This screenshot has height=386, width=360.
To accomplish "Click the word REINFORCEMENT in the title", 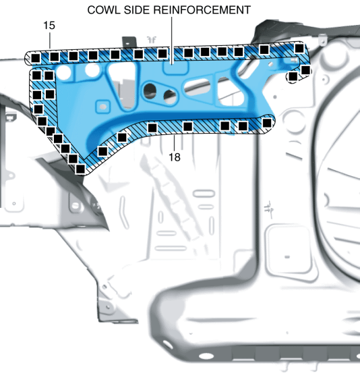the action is (202, 10).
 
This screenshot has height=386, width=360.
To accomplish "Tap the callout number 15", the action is (49, 26).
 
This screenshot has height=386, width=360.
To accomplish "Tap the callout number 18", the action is (175, 157).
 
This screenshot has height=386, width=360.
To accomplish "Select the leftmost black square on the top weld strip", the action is (36, 58).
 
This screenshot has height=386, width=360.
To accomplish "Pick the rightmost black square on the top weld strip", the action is (299, 49).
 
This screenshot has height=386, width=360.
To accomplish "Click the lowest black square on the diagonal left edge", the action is (80, 169).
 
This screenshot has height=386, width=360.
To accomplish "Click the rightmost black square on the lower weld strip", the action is (267, 123).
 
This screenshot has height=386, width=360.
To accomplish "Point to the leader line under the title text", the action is (172, 40).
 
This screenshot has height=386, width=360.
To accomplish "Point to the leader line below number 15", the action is (50, 40).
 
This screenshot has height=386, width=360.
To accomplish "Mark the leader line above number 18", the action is (175, 143).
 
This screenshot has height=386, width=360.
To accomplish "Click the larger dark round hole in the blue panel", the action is (150, 90).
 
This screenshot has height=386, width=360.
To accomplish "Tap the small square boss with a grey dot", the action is (102, 107).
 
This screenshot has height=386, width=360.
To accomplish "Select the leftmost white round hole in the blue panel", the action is (63, 72).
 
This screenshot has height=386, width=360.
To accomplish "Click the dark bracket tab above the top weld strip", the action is (129, 42).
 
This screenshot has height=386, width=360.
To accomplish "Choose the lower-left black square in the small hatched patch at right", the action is (293, 77).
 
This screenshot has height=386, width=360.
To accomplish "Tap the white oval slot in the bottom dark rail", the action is (206, 356).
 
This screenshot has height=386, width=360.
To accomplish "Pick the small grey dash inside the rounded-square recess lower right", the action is (287, 257).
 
